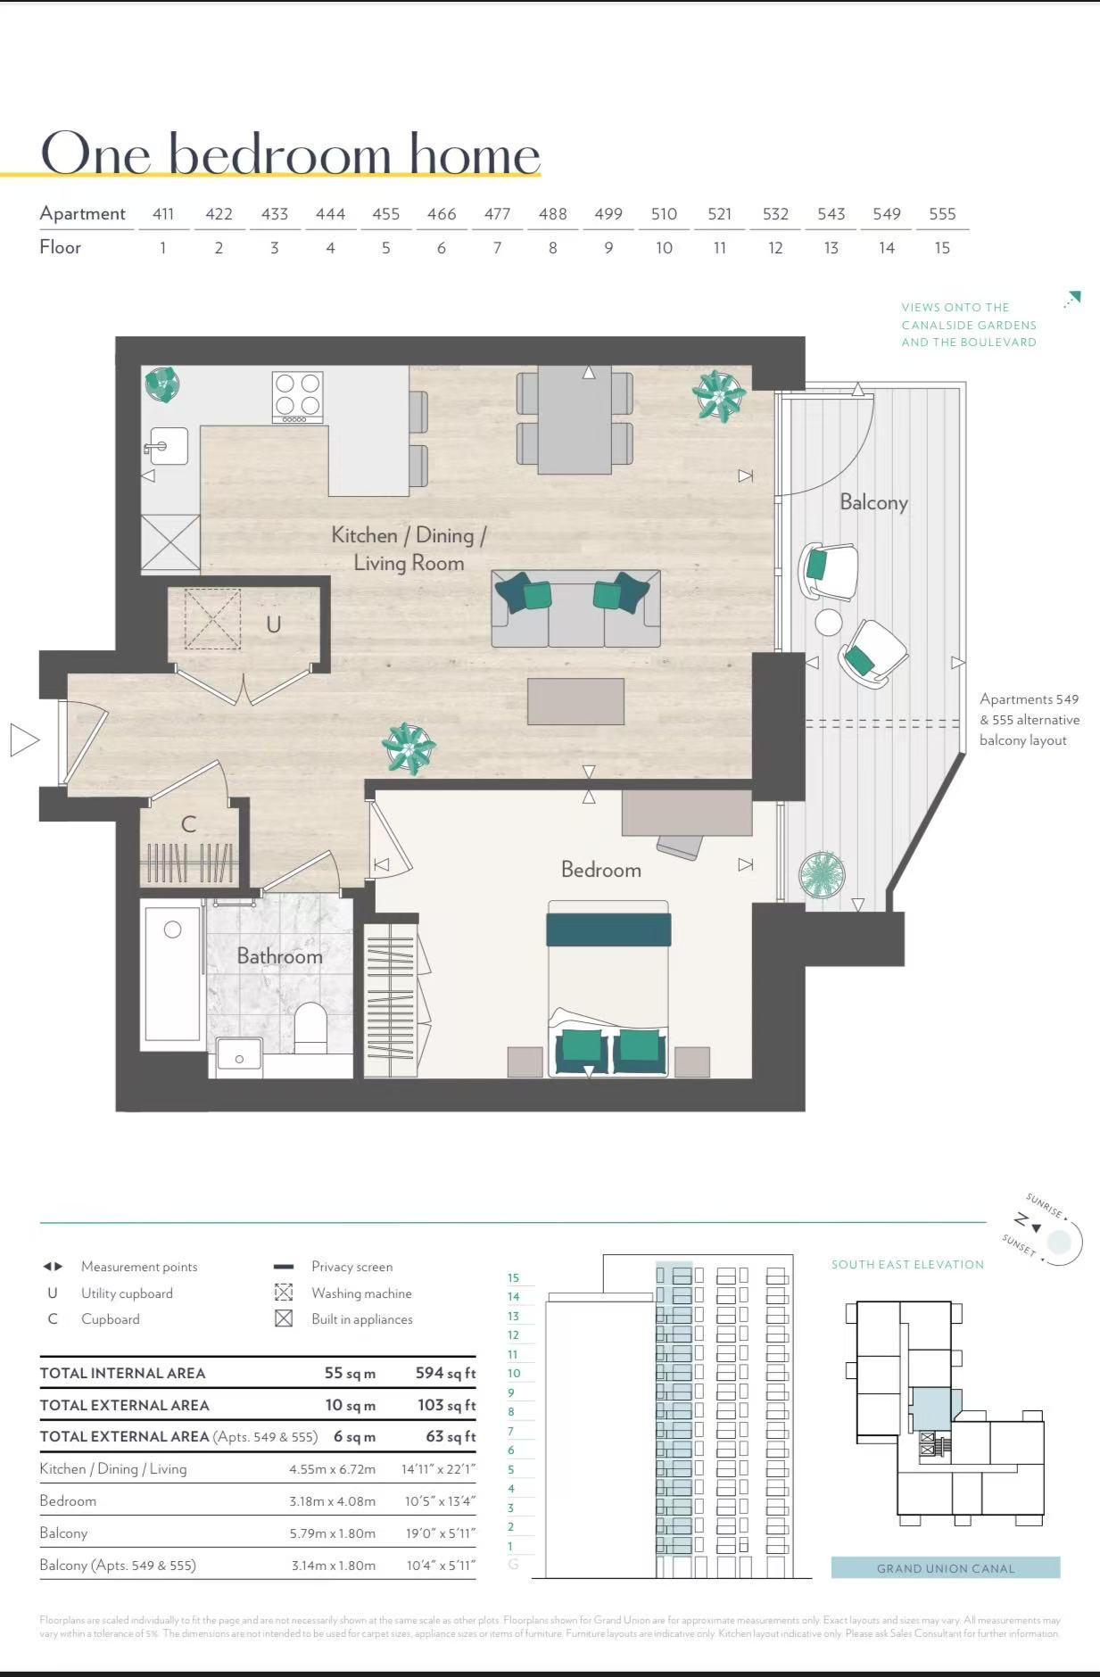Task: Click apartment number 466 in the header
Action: point(441,214)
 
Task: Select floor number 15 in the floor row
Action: point(942,248)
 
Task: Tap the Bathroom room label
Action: point(279,956)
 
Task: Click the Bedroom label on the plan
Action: point(600,870)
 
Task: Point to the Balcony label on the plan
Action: point(873,502)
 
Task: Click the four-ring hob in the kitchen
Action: point(297,396)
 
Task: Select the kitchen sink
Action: point(170,446)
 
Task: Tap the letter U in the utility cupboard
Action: point(273,624)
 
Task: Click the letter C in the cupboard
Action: point(188,824)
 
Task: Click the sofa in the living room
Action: point(575,609)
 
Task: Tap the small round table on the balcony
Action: point(828,622)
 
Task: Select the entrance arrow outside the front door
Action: point(24,739)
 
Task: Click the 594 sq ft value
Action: point(445,1373)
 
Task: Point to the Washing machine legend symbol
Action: point(284,1293)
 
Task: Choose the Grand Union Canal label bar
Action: point(945,1568)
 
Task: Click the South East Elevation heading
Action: point(907,1264)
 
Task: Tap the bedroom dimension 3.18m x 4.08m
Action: point(332,1501)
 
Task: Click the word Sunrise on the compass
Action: point(1044,1205)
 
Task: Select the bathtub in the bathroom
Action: point(172,974)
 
